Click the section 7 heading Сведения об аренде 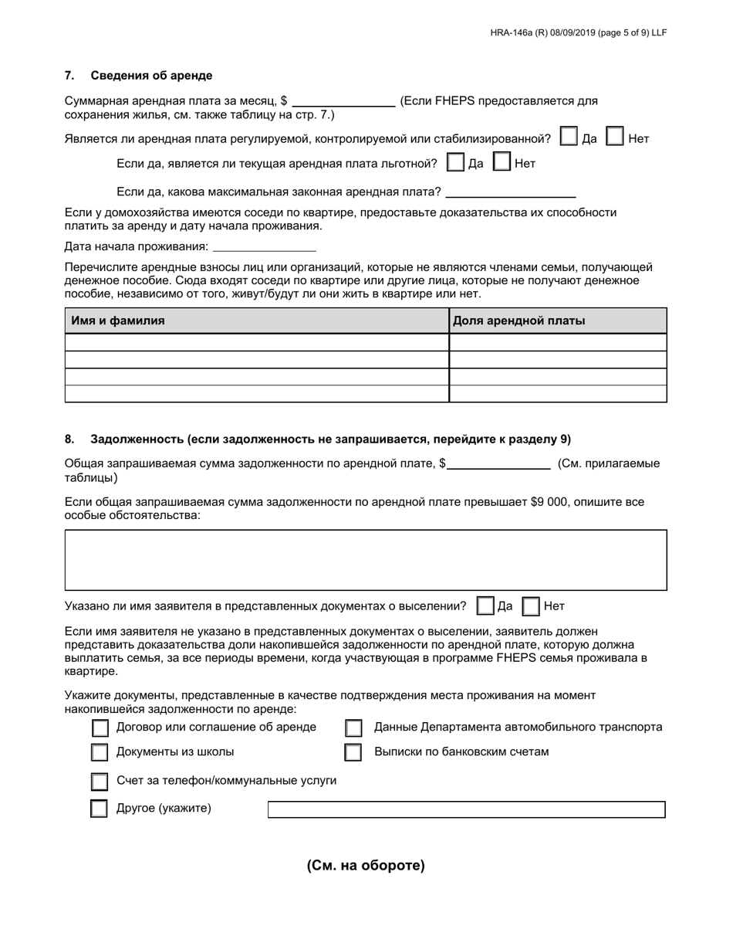click(151, 76)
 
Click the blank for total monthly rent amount click(343, 100)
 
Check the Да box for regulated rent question click(569, 137)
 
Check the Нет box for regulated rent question click(616, 137)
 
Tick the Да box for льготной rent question click(456, 163)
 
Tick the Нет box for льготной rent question click(502, 163)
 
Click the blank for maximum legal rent click(511, 192)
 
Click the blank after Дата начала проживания click(264, 246)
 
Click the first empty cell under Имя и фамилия click(256, 342)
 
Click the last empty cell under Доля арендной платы click(557, 394)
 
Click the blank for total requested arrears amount click(499, 463)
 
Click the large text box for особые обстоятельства click(366, 560)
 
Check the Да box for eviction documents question click(485, 606)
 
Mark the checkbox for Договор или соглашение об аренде click(100, 728)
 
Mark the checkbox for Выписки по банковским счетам click(353, 752)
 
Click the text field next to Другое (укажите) click(466, 809)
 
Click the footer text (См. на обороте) click(366, 865)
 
